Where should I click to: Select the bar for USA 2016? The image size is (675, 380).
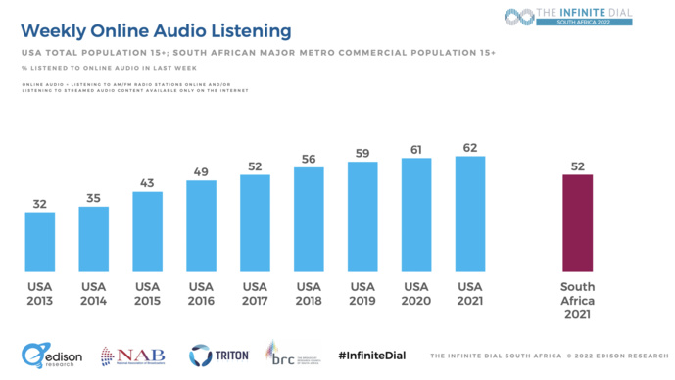(201, 225)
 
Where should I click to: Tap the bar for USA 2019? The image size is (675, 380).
(362, 215)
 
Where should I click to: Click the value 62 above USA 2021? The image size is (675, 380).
(470, 147)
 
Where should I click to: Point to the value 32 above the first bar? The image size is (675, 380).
(40, 203)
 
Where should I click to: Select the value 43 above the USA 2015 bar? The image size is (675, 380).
(147, 182)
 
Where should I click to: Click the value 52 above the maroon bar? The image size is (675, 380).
(578, 166)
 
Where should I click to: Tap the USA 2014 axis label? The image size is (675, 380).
(94, 293)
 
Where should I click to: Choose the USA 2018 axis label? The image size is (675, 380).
(309, 293)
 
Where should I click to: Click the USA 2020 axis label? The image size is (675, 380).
(416, 293)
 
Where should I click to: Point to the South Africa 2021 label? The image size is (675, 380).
(578, 300)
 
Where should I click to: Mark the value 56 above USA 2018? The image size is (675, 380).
(309, 159)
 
